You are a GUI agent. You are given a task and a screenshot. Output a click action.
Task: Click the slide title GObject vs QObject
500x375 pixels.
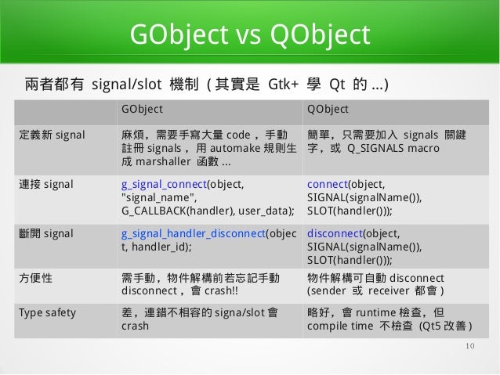point(248,35)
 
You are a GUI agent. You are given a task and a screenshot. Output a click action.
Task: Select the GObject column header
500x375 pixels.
point(142,108)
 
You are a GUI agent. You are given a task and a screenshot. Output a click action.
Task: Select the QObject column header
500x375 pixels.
point(328,108)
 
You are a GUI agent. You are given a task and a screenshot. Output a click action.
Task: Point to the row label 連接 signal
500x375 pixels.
point(46,185)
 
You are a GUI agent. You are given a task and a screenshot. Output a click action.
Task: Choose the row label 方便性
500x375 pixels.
point(36,279)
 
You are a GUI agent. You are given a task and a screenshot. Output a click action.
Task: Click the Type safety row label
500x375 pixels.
point(47,312)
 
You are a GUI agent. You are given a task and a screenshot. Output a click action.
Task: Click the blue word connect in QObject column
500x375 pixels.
point(327,185)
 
